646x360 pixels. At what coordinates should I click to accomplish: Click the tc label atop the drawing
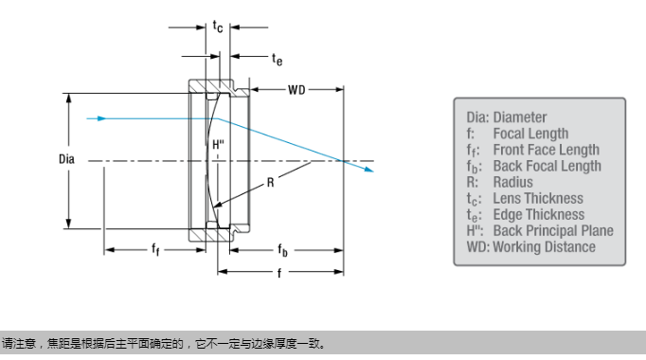tap(218, 27)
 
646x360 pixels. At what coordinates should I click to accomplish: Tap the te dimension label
tap(278, 60)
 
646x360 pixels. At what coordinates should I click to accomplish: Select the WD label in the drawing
tap(296, 90)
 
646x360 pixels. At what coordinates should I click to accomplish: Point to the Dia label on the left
tap(66, 159)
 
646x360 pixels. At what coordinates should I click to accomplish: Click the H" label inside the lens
tap(219, 145)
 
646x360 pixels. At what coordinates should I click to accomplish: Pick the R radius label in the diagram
tap(270, 183)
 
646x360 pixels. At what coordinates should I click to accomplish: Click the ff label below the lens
tap(155, 249)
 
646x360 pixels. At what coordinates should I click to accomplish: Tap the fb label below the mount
tap(282, 249)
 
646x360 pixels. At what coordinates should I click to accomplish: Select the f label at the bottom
tap(279, 272)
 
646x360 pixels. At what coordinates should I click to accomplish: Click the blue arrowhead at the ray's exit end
tap(368, 169)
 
